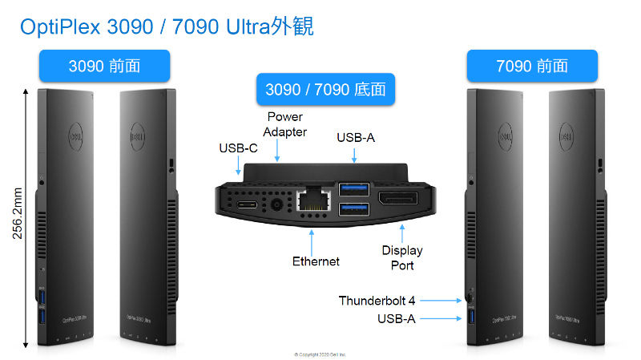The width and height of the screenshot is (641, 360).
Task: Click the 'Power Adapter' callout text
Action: pyautogui.click(x=285, y=124)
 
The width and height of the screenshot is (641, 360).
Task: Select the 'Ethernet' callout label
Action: pyautogui.click(x=315, y=261)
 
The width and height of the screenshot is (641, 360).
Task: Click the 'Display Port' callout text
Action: pyautogui.click(x=402, y=257)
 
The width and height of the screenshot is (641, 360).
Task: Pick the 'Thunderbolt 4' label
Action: pyautogui.click(x=377, y=301)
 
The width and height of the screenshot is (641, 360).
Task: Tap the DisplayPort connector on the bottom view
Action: pyautogui.click(x=397, y=201)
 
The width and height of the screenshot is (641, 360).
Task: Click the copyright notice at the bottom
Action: pyautogui.click(x=320, y=354)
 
